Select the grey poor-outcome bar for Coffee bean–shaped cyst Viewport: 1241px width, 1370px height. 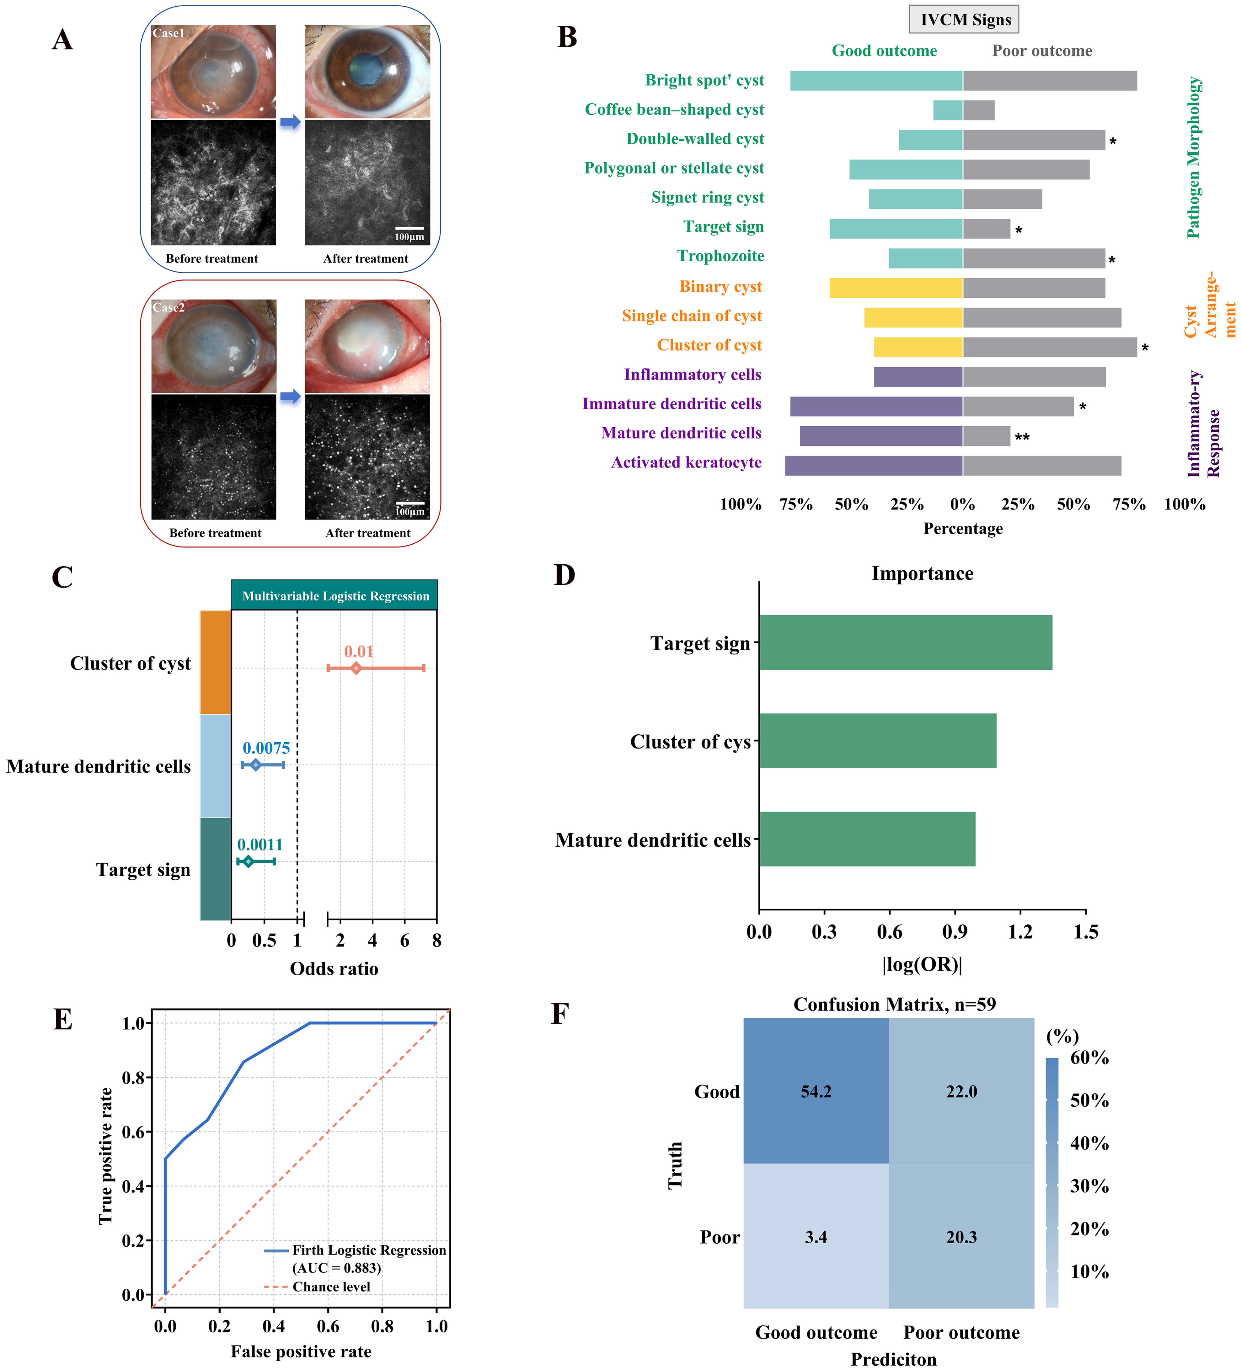click(979, 110)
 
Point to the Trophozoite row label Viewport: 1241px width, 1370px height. click(720, 256)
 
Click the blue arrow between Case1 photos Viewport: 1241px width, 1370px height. click(290, 122)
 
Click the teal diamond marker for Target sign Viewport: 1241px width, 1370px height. click(248, 862)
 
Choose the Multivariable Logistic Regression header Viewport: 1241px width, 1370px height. click(335, 596)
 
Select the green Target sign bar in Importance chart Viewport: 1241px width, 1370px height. click(905, 643)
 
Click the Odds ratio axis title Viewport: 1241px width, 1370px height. click(334, 968)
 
